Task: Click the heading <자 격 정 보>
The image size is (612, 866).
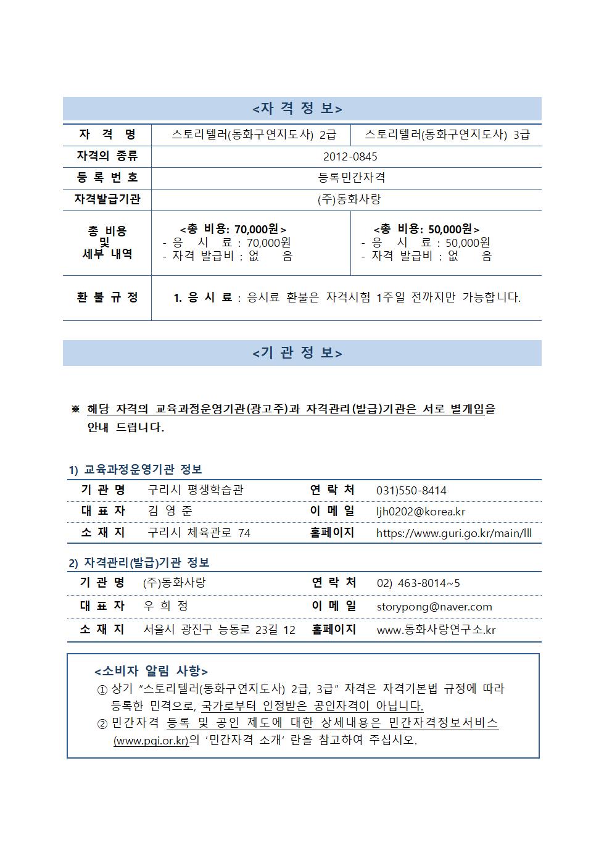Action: pos(297,109)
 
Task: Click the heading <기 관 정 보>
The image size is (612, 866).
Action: pos(297,353)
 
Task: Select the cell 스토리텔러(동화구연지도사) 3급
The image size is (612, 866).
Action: pos(447,135)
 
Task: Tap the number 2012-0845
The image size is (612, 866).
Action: pos(350,157)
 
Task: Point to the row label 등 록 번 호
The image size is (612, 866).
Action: pos(107,178)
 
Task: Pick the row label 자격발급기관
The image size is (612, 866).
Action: pos(107,199)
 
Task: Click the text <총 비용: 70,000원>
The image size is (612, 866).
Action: pos(233,230)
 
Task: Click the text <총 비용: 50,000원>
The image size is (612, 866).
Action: pos(426,230)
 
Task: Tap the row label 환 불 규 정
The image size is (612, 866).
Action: pos(107,298)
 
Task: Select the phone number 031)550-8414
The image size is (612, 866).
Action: pos(411,491)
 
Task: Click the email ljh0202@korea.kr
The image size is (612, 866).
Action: pos(421,512)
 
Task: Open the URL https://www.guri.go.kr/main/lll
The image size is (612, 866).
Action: pos(454,533)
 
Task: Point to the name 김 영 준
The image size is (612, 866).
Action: pos(170,511)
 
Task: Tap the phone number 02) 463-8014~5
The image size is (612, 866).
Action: pos(418,583)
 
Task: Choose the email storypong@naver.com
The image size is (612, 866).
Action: pos(434,607)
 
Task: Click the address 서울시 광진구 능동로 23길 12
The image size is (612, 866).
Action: pos(219,630)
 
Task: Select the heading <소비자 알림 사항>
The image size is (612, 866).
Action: pos(151,672)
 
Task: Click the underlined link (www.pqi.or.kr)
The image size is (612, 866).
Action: pos(151,740)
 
